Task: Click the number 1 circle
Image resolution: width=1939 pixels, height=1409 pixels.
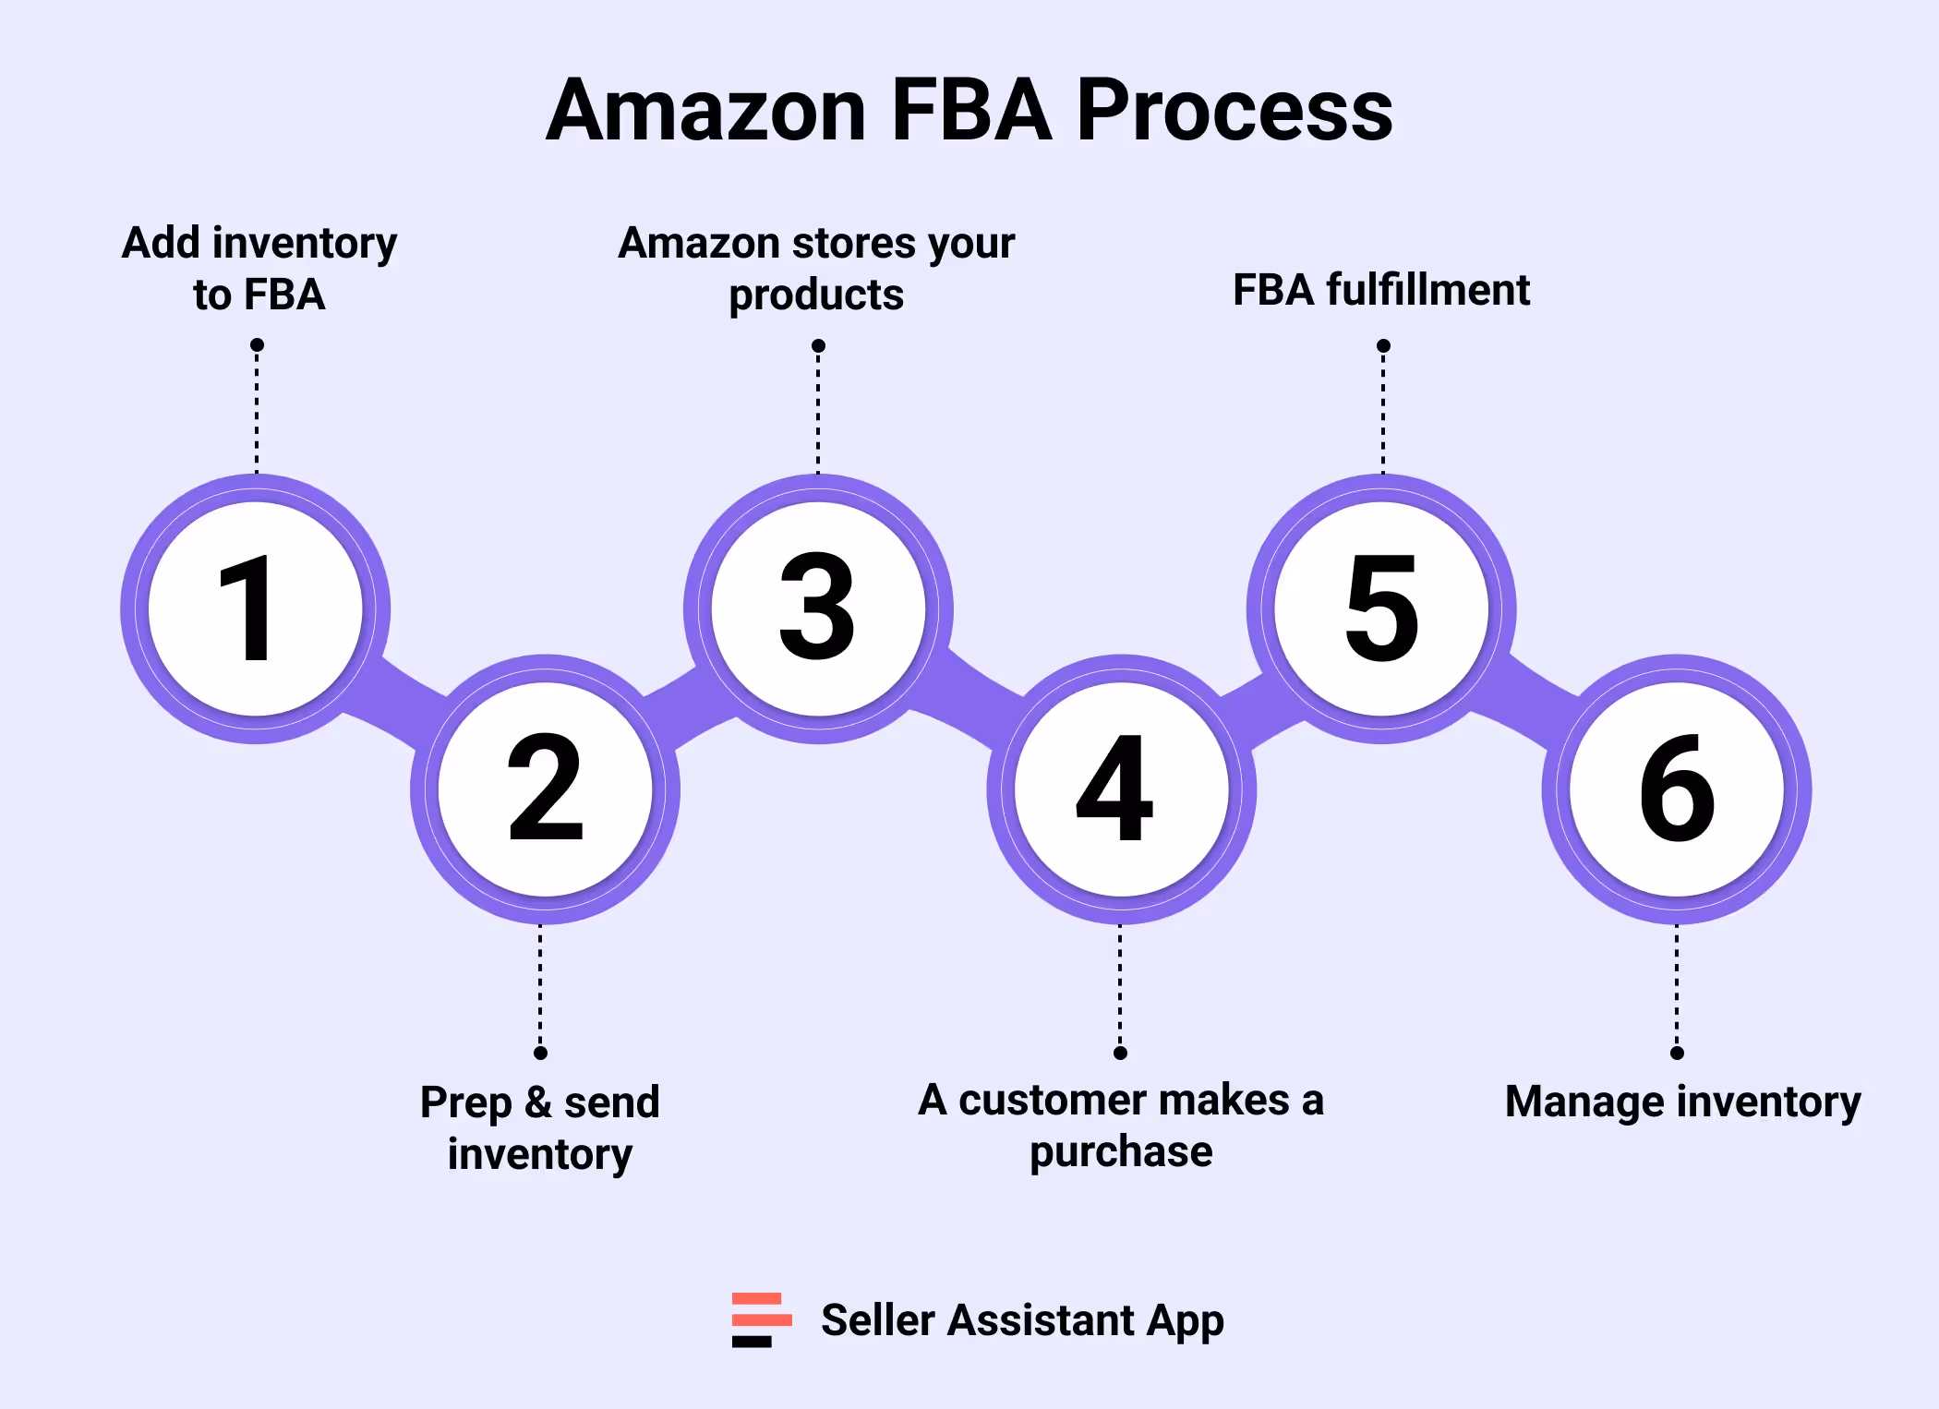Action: pos(256,609)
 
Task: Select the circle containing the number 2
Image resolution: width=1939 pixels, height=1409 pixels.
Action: pos(545,789)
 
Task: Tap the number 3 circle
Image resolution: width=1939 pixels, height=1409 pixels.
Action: pos(818,609)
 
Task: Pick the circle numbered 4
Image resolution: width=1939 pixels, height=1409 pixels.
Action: pos(1121,789)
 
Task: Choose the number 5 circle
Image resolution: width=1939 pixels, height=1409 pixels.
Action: pos(1381,609)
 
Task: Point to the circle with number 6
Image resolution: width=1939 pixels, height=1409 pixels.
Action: pos(1677,789)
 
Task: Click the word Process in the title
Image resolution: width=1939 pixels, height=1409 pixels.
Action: pos(1234,111)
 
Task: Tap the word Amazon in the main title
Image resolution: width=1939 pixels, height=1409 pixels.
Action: pos(706,111)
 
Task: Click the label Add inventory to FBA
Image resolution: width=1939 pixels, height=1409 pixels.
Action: pos(259,269)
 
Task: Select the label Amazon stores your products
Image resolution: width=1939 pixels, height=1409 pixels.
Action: pos(816,269)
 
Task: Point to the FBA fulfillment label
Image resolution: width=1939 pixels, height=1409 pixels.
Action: pos(1381,290)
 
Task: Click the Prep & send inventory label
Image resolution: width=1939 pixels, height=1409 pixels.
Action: pos(540,1127)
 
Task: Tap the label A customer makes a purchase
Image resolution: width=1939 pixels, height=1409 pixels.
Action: pos(1121,1126)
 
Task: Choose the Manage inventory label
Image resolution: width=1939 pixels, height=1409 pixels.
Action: pos(1682,1102)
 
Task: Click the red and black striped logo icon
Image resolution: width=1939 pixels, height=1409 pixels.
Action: pos(761,1319)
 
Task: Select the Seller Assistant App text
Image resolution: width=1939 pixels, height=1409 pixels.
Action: pos(1022,1320)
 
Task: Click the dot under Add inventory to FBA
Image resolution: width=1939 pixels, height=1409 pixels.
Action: pos(258,345)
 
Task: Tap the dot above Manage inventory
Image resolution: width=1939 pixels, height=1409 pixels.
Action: pos(1677,1053)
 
